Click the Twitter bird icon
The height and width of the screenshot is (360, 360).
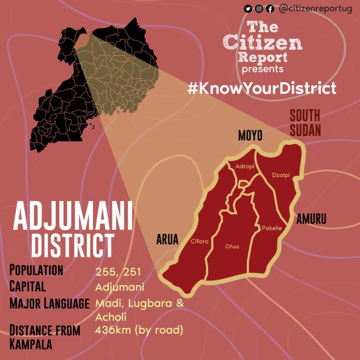248,8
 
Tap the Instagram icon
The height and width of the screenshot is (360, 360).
259,8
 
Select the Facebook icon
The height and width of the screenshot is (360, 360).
270,8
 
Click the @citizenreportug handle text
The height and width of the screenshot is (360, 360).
315,8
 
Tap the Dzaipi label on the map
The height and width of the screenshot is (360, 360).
281,175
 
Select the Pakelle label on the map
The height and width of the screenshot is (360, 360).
271,228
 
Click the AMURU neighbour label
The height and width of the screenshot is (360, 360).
311,218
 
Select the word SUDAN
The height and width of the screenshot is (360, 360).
305,130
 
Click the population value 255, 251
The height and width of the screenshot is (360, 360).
118,272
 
